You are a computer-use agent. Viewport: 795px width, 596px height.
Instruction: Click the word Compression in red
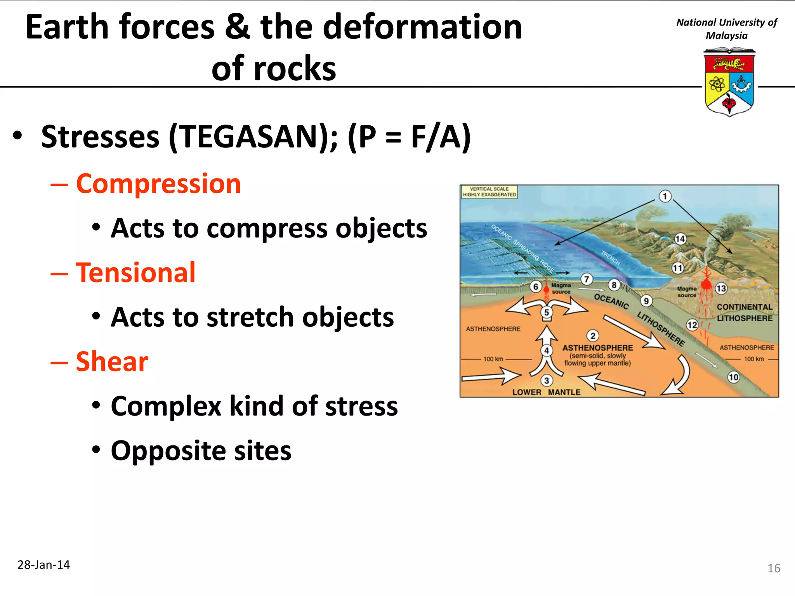click(x=158, y=184)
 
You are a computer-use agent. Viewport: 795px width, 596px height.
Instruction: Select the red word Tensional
click(x=135, y=272)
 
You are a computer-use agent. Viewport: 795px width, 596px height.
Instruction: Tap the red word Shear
click(x=112, y=361)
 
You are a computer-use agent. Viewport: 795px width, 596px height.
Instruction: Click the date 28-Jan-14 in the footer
click(x=43, y=565)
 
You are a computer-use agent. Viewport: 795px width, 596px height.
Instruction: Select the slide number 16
click(x=774, y=568)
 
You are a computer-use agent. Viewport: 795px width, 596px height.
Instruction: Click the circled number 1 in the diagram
click(x=665, y=196)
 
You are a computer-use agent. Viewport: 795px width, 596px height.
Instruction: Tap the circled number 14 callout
click(x=680, y=239)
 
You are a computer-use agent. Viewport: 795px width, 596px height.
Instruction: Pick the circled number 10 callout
click(x=733, y=377)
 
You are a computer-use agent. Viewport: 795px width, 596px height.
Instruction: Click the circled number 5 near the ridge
click(x=547, y=312)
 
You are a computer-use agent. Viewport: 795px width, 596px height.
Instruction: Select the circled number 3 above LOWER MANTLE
click(x=547, y=381)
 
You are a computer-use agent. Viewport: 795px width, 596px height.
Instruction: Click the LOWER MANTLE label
click(x=546, y=392)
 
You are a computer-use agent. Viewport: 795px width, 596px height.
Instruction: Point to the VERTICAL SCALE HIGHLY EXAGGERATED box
click(x=489, y=192)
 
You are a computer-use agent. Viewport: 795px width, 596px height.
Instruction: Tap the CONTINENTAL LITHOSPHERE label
click(x=745, y=312)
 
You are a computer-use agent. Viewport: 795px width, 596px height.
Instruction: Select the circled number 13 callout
click(x=721, y=288)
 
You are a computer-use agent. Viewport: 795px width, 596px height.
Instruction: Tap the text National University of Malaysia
click(x=726, y=29)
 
